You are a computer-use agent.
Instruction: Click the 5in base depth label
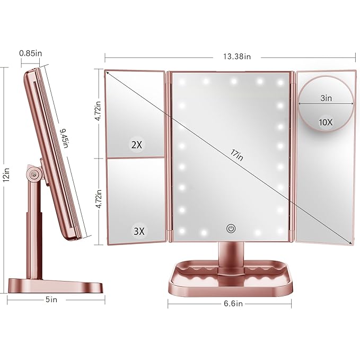(51, 300)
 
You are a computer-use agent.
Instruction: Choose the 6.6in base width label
(231, 304)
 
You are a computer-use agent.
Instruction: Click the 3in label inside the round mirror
(326, 98)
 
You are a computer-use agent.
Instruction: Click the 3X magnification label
(138, 231)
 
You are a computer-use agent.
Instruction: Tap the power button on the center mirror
(231, 229)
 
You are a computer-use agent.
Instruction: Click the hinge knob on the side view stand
(34, 173)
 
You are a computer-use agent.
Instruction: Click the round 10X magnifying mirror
(326, 105)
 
